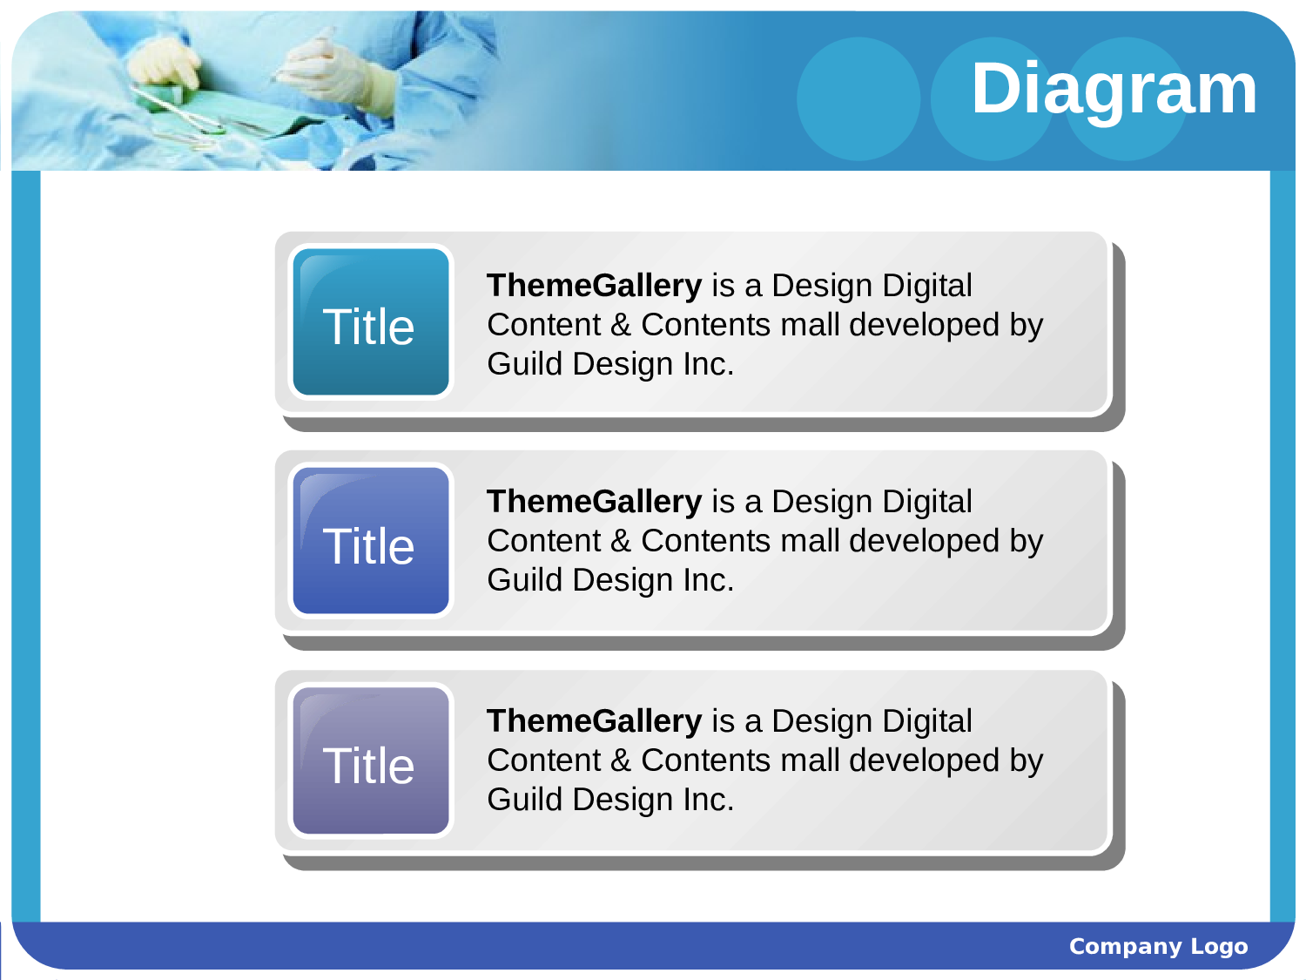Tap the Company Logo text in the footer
(x=1158, y=946)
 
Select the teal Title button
(x=370, y=322)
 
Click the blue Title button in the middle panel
(x=370, y=540)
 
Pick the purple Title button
(x=370, y=760)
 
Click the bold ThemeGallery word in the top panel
(x=595, y=287)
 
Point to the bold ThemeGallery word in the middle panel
(x=595, y=503)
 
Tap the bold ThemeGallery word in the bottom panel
(x=595, y=722)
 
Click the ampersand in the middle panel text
(x=621, y=541)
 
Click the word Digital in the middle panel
(x=927, y=503)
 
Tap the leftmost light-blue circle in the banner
(x=858, y=98)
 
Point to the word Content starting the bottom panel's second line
(x=544, y=760)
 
